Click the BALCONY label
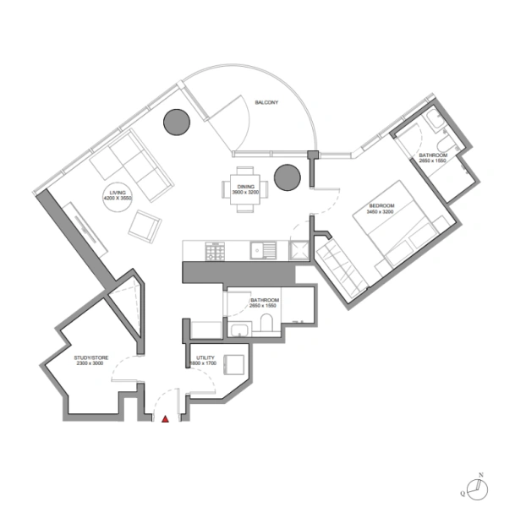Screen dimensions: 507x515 pyautogui.click(x=267, y=103)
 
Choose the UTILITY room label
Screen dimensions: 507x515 pyautogui.click(x=205, y=360)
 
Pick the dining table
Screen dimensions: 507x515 pyautogui.click(x=244, y=188)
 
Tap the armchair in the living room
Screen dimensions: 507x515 pyautogui.click(x=145, y=225)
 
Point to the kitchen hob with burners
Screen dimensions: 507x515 pyautogui.click(x=216, y=250)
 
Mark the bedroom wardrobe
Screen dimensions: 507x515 pyautogui.click(x=342, y=268)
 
